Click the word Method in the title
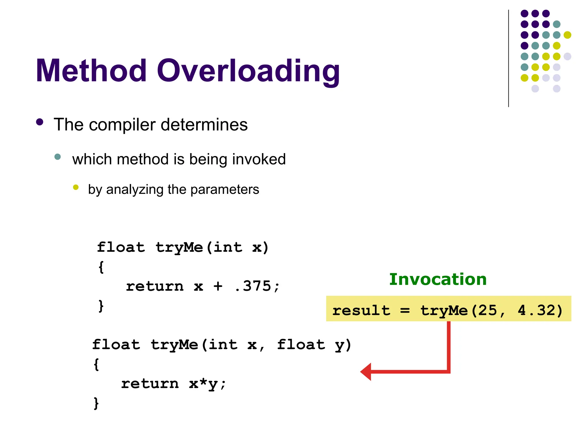pos(91,71)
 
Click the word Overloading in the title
pos(248,71)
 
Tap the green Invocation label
pos(438,279)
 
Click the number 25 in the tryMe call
pos(488,310)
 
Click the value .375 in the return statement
pos(252,286)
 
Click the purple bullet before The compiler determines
pos(40,122)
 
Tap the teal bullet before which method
pos(58,157)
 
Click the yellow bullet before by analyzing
pos(76,187)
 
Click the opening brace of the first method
pos(101,267)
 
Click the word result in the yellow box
pos(361,310)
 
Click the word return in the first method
pos(155,286)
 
